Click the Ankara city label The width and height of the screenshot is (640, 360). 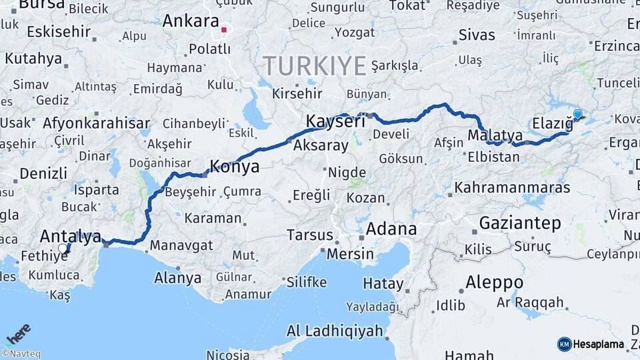[x=191, y=21]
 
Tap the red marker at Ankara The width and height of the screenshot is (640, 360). [x=225, y=29]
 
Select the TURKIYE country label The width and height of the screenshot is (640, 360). [x=315, y=65]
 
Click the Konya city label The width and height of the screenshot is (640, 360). [x=235, y=166]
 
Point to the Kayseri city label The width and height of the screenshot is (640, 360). [x=335, y=121]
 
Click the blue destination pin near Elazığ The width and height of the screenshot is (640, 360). [x=577, y=115]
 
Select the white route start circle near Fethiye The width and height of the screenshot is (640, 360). [x=63, y=249]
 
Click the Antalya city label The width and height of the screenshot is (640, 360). [x=71, y=235]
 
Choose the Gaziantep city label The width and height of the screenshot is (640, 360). [x=520, y=223]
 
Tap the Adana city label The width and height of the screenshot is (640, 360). [x=392, y=229]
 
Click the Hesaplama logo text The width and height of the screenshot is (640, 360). [x=598, y=344]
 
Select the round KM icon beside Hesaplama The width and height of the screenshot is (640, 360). [x=564, y=344]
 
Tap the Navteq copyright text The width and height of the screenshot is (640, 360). [x=21, y=354]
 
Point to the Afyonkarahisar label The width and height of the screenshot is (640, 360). [x=96, y=123]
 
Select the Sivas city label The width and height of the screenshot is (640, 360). [x=477, y=35]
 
